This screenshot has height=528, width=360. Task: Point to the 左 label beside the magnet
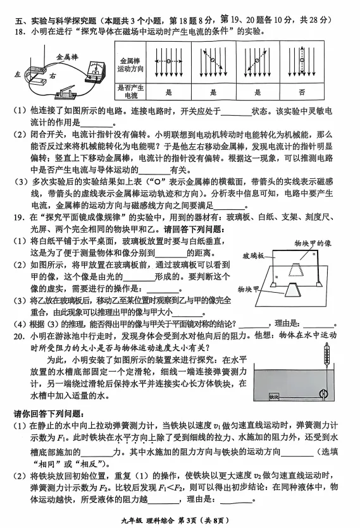[x=17, y=74]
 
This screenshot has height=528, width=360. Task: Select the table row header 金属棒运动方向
[x=130, y=65]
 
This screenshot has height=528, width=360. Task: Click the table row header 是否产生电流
[x=130, y=92]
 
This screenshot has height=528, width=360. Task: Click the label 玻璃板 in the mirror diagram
[x=254, y=256]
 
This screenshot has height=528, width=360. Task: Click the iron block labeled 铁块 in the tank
[x=274, y=396]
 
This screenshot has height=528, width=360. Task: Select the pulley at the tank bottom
[x=323, y=393]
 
